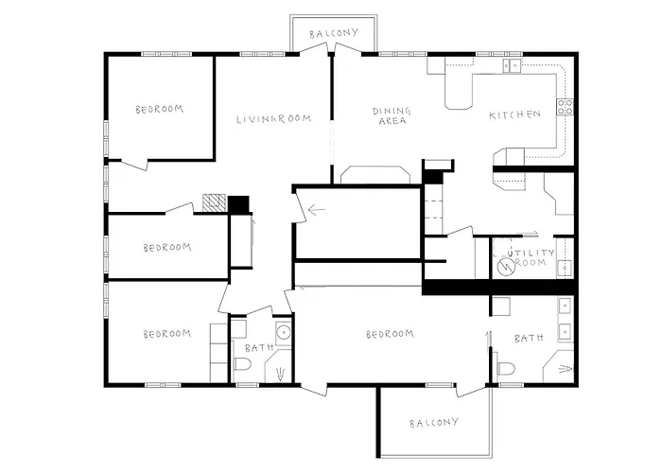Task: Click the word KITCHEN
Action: pos(514,114)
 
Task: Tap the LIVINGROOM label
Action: pos(274,118)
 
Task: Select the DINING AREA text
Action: pos(390,115)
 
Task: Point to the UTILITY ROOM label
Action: pos(527,256)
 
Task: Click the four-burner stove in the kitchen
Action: pos(566,107)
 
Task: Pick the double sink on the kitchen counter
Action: pos(513,65)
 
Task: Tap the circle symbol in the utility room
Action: pos(507,268)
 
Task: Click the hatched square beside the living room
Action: pos(215,202)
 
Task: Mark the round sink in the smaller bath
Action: pos(282,331)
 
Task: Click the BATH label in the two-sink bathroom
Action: pos(527,338)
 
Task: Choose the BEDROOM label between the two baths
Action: pos(391,334)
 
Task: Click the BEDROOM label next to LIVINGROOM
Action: pos(159,109)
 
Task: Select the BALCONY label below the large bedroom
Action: pos(434,422)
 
